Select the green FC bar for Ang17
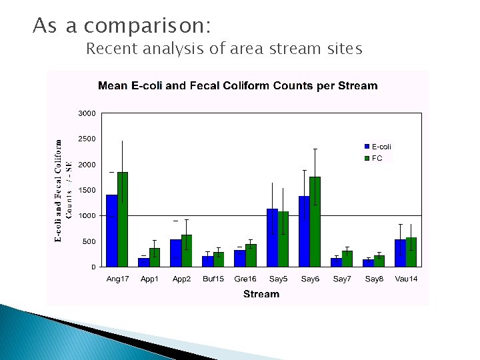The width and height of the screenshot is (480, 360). [x=123, y=219]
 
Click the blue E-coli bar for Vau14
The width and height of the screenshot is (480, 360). [x=400, y=253]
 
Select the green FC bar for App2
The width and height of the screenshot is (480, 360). [x=187, y=251]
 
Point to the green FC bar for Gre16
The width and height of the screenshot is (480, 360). [x=251, y=255]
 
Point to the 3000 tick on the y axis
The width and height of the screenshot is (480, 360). [x=87, y=113]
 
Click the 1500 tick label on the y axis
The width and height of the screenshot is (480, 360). [x=87, y=190]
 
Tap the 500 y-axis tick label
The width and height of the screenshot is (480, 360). [x=89, y=241]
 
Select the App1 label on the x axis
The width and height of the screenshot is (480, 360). [x=149, y=279]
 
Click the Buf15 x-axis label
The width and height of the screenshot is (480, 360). [x=213, y=279]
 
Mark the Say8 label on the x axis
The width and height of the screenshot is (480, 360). [x=374, y=279]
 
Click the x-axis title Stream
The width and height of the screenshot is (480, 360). [x=261, y=294]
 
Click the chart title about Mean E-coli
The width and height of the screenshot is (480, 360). [x=238, y=86]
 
